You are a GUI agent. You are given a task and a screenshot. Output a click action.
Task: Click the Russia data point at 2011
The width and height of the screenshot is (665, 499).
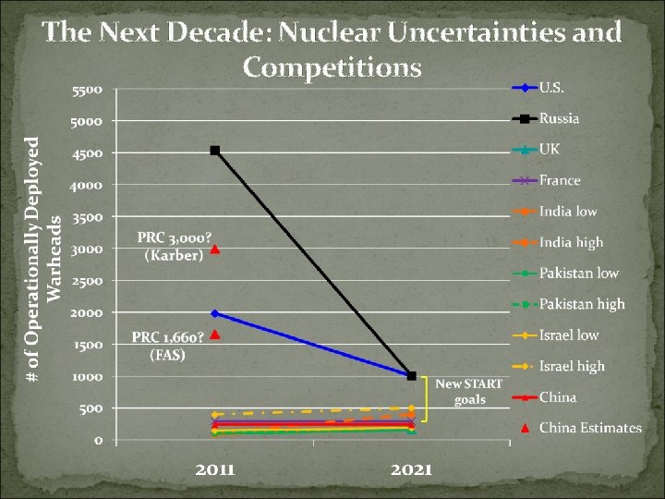(x=214, y=150)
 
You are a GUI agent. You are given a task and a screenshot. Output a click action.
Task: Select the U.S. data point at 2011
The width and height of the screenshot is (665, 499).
(x=214, y=313)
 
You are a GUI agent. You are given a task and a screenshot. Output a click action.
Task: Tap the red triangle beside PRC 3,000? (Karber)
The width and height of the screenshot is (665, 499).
(x=214, y=249)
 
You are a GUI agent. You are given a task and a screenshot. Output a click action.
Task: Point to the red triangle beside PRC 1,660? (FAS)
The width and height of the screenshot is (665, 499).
(x=214, y=335)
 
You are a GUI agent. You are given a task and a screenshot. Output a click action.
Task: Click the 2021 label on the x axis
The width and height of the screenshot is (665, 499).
(x=411, y=469)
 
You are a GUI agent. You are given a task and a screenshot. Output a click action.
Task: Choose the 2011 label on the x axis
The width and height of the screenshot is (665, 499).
(x=214, y=469)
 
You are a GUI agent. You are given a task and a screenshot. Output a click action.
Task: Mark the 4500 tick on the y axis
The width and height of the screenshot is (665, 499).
(x=89, y=153)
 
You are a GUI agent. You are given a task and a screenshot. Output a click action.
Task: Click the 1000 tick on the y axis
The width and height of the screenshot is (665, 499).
(x=89, y=377)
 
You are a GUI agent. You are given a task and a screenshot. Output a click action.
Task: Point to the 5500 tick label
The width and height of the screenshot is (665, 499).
(x=89, y=90)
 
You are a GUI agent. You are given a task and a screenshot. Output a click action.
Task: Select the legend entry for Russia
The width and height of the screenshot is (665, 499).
(x=560, y=118)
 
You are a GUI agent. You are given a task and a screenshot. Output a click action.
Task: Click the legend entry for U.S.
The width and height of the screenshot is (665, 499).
(x=552, y=88)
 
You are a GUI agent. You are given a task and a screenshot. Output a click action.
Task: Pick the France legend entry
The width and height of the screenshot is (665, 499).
(x=560, y=180)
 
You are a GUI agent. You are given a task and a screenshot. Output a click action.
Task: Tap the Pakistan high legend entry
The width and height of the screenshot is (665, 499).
(x=582, y=304)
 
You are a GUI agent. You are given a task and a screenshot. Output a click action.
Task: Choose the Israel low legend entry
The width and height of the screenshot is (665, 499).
(x=569, y=335)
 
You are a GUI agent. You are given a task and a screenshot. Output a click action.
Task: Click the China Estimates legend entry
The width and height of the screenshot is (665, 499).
(x=589, y=428)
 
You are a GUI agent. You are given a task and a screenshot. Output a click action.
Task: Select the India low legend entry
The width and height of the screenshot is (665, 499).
(x=568, y=212)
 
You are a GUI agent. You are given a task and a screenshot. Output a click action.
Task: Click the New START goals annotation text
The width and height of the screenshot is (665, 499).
(x=469, y=392)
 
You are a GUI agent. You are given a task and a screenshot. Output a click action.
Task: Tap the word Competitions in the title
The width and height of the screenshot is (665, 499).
(x=332, y=67)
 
